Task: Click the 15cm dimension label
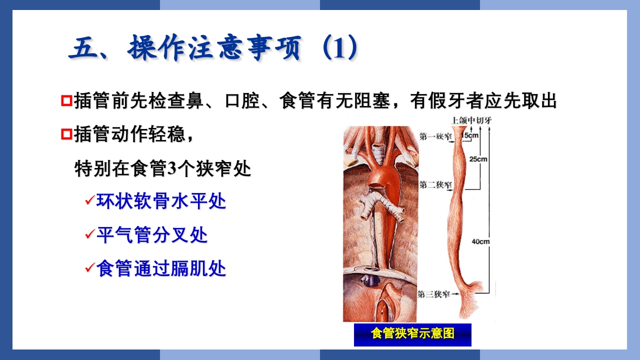click(x=471, y=135)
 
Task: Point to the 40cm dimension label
click(x=480, y=241)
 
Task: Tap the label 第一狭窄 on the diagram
click(x=434, y=136)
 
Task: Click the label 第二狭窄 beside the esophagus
click(x=434, y=185)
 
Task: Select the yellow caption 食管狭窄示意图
click(x=412, y=334)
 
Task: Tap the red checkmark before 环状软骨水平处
click(x=89, y=201)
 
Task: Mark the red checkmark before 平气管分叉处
click(x=89, y=234)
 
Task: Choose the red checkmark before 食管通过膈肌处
click(x=89, y=268)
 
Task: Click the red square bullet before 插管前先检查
click(x=66, y=101)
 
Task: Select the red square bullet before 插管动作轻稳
click(x=66, y=134)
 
